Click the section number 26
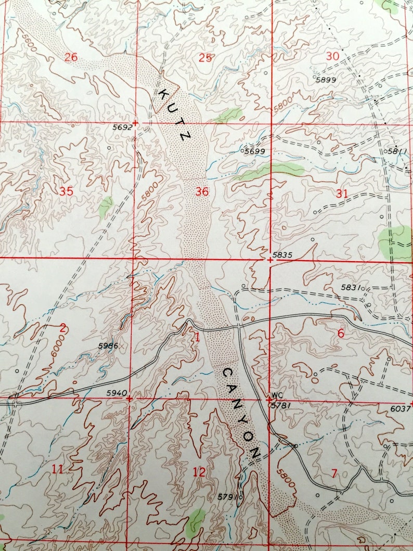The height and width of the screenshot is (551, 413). [x=71, y=57]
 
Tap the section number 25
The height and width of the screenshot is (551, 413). [x=205, y=58]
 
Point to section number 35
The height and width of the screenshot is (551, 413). [x=66, y=191]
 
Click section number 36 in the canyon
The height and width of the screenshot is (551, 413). [x=202, y=192]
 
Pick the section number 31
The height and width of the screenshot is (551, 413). [x=341, y=194]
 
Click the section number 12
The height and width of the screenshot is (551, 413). [x=199, y=472]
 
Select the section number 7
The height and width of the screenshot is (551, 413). [x=334, y=473]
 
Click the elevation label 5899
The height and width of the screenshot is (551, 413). [x=326, y=80]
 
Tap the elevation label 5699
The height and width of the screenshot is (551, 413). [x=255, y=151]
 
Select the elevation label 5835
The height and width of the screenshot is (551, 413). [x=283, y=254]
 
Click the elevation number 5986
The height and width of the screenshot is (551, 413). [x=108, y=345]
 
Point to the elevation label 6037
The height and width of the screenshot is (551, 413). [x=400, y=409]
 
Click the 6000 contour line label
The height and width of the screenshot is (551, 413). [x=58, y=347]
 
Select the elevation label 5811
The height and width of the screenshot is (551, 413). [x=398, y=151]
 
